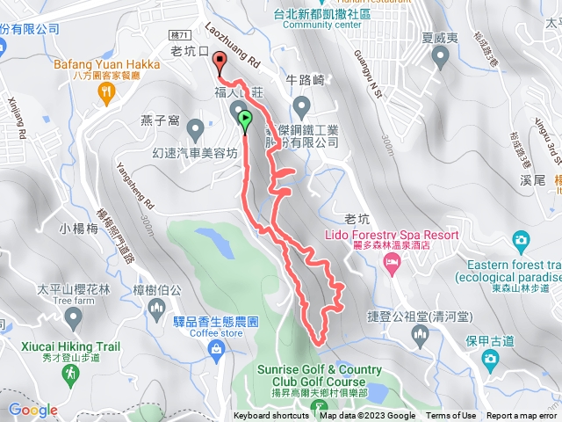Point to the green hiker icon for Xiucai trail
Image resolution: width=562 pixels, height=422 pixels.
coord(70,375)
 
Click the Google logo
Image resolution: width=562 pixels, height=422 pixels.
coord(32,410)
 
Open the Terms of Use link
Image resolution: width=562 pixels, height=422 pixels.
coord(451,416)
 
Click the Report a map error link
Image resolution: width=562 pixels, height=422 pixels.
coord(522,416)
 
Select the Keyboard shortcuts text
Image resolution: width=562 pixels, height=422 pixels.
coord(271,416)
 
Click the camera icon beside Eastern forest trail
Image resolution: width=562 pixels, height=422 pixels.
coord(521,239)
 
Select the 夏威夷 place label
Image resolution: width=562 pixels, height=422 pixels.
coord(440,39)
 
